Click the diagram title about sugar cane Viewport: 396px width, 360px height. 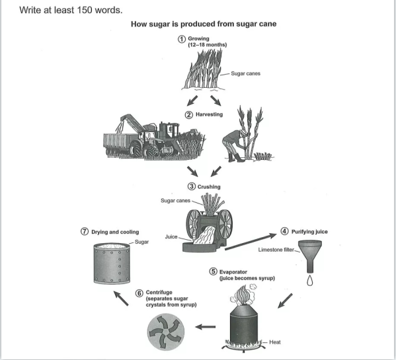(204, 24)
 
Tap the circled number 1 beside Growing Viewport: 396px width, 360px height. (182, 39)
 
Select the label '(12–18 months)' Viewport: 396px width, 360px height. (208, 45)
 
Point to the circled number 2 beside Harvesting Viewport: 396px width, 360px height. (189, 115)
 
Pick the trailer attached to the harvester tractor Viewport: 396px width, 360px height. (118, 144)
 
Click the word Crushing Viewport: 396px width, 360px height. (209, 187)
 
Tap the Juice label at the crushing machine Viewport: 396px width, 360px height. (171, 236)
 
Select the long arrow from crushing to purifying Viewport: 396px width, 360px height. (251, 242)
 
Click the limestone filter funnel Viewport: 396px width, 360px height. (310, 256)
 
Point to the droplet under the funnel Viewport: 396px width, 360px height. (310, 281)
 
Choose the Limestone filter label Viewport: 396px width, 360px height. (276, 250)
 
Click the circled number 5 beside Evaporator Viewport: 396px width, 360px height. (213, 271)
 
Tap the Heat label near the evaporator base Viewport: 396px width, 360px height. (275, 342)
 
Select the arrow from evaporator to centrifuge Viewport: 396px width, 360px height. (206, 327)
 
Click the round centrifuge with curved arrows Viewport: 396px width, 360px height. (166, 332)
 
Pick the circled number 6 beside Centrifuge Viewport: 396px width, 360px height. (139, 293)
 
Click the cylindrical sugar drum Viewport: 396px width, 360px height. (112, 264)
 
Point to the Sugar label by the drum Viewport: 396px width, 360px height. (141, 242)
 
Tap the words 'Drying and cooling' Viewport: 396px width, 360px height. (115, 232)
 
